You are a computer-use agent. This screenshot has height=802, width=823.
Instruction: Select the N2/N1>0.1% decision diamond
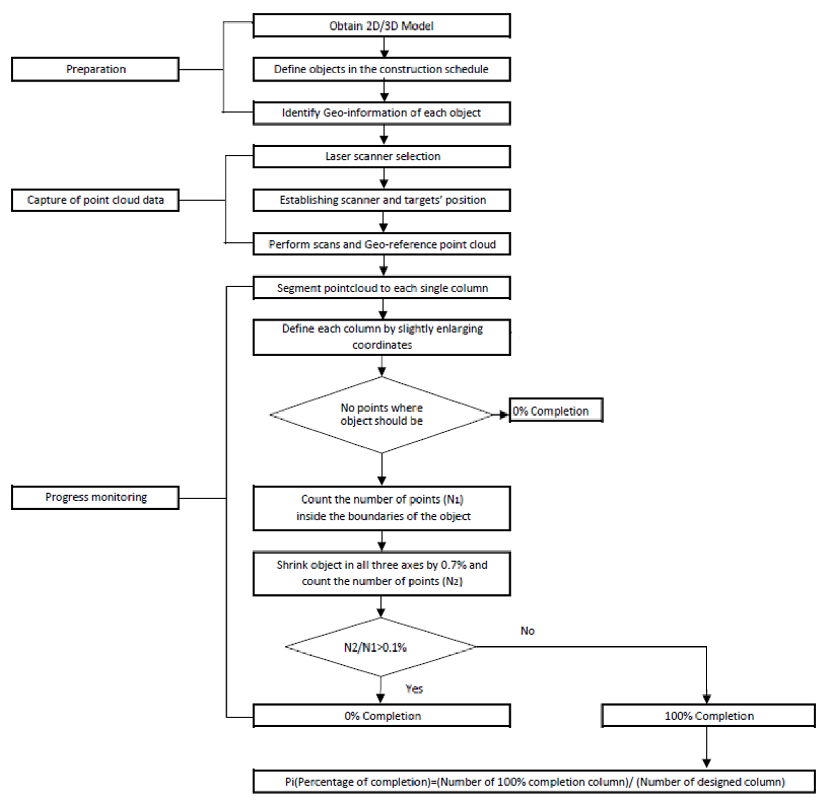pos(380,647)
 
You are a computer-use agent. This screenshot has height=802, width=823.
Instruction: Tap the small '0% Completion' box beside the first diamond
pos(555,411)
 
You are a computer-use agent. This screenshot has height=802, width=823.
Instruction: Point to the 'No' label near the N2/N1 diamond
pos(527,631)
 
